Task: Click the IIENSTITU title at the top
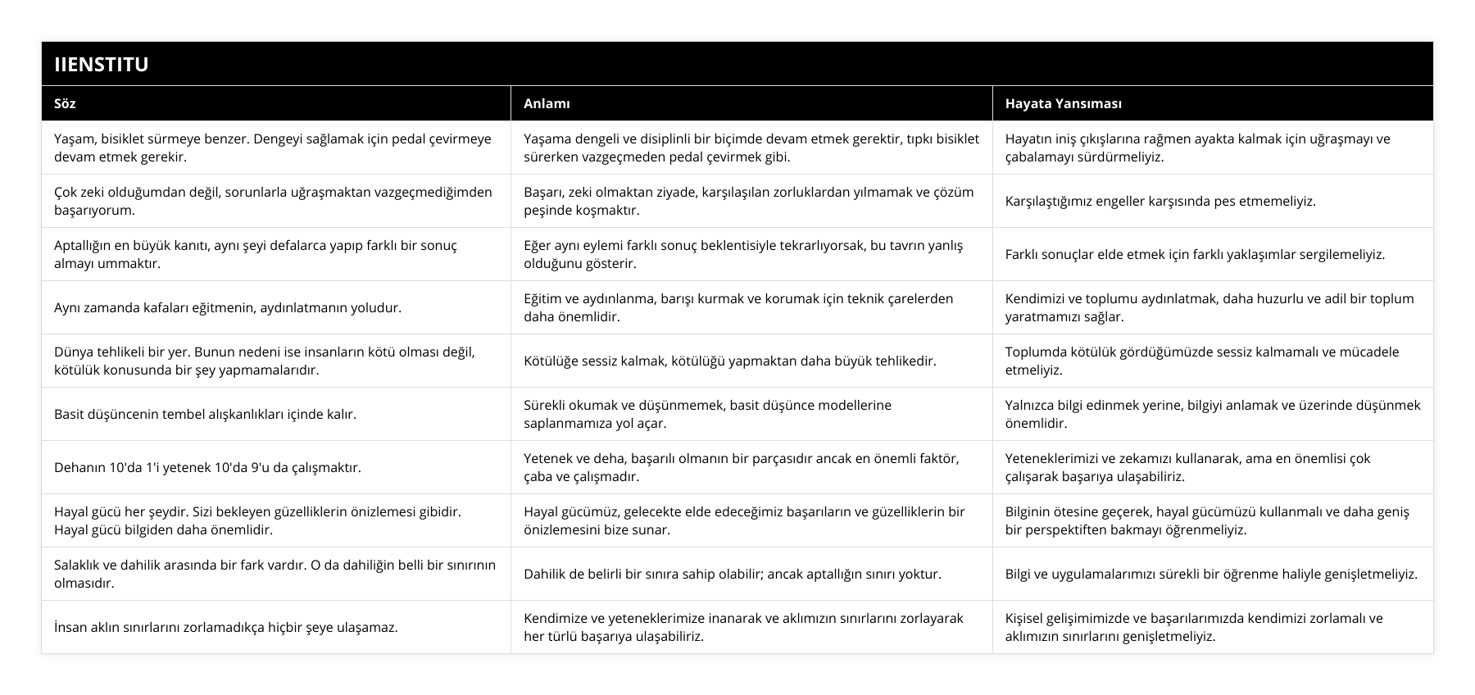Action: (102, 64)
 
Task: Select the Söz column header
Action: (65, 103)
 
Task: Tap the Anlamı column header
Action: (547, 103)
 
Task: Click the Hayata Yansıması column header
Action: (1063, 103)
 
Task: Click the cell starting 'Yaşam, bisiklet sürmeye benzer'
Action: (275, 148)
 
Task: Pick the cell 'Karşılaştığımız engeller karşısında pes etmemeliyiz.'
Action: (1160, 201)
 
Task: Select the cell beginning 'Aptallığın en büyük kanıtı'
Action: (275, 254)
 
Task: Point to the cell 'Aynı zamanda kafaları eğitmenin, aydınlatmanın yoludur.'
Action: (228, 307)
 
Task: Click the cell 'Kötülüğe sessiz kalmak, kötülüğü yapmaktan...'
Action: (729, 361)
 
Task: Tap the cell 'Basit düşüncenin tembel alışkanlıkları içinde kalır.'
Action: (205, 414)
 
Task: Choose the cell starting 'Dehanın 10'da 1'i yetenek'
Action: (207, 467)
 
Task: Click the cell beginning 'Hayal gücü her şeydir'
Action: (275, 520)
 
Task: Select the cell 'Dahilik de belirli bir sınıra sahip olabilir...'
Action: (732, 574)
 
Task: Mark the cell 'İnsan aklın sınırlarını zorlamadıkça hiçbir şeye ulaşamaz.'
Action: (225, 627)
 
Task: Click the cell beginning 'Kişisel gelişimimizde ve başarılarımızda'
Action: (1212, 627)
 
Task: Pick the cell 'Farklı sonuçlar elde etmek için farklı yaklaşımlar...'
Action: (1195, 254)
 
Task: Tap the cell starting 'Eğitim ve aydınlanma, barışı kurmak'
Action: (751, 307)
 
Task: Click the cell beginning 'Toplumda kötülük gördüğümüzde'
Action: (1212, 361)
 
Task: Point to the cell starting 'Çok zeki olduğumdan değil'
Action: (275, 201)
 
